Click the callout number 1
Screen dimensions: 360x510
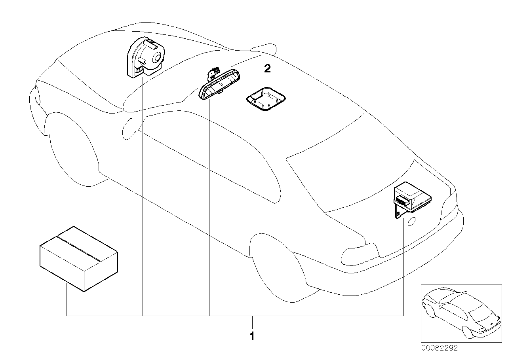(252, 337)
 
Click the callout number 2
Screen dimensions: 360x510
(267, 69)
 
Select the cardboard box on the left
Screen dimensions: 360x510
(78, 259)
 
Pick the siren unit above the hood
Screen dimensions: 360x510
(145, 57)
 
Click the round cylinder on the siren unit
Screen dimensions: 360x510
(156, 57)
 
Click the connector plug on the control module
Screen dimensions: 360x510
(403, 200)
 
